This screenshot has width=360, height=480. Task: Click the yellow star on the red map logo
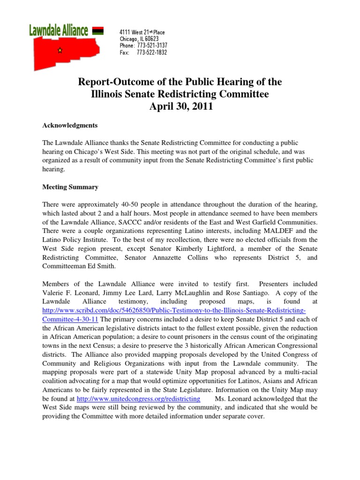point(60,51)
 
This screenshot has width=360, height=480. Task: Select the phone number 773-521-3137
point(152,45)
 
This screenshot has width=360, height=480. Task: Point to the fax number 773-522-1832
point(151,52)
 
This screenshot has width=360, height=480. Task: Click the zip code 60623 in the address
point(151,39)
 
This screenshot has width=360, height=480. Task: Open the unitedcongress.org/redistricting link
point(138,399)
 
